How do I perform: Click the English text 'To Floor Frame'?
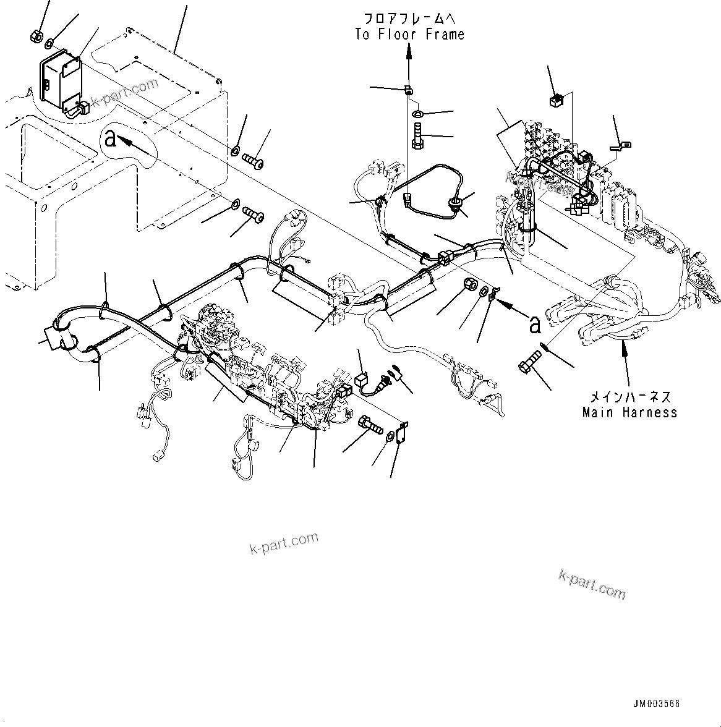click(x=409, y=35)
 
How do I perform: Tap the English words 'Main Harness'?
click(x=629, y=412)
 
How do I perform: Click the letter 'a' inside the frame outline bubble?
click(x=111, y=139)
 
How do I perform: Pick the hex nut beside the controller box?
click(x=36, y=36)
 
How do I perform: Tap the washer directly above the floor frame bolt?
click(x=417, y=114)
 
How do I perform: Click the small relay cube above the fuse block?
click(x=555, y=100)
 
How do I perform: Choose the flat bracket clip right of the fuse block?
click(x=620, y=147)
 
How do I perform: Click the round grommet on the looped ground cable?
click(x=456, y=205)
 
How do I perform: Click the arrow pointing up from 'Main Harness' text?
click(x=623, y=346)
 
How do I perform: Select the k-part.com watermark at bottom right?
click(x=592, y=584)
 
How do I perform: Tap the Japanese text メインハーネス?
click(x=629, y=397)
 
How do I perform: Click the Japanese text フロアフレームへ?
click(x=409, y=19)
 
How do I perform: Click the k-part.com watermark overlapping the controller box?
click(x=124, y=93)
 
